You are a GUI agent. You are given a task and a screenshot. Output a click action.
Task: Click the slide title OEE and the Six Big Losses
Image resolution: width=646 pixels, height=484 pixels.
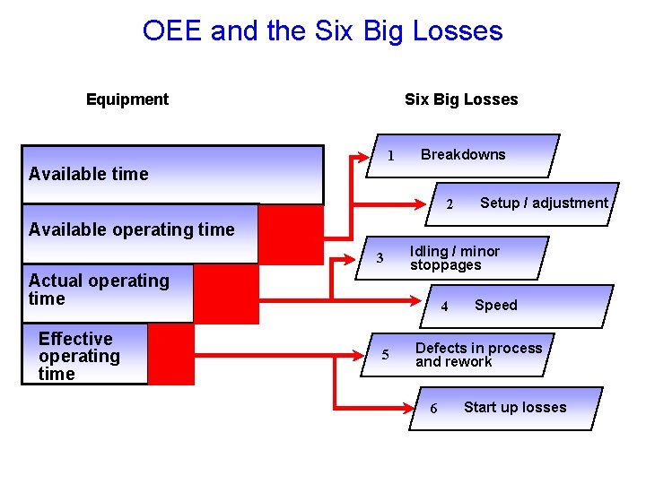pos(322,31)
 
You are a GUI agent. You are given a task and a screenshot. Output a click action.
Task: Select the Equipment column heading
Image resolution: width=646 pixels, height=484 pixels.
pos(127,99)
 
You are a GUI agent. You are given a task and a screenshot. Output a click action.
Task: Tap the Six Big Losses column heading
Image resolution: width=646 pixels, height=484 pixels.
pos(461,99)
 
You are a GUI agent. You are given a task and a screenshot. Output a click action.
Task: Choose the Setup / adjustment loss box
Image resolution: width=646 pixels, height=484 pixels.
pos(529,203)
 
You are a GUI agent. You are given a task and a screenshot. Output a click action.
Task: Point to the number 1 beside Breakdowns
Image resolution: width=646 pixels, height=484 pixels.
pos(391,156)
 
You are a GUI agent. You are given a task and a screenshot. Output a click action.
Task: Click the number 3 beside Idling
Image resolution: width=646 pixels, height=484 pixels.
pos(380,259)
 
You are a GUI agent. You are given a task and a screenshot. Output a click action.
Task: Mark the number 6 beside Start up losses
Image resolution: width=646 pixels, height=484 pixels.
pos(433,409)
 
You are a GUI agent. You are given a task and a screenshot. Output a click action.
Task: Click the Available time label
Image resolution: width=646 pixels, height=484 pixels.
pos(88,174)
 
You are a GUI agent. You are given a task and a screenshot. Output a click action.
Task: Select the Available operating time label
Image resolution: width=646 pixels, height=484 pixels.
pos(131,229)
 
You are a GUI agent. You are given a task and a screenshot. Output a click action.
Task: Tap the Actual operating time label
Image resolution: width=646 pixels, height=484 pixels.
pos(99,290)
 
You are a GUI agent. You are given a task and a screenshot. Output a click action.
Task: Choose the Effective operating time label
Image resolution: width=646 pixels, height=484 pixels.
pos(79,356)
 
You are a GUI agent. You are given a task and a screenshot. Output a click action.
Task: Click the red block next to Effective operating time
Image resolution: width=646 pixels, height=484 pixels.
pos(170,354)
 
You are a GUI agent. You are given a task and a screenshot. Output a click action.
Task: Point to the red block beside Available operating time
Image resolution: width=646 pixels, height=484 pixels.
pos(291,233)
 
